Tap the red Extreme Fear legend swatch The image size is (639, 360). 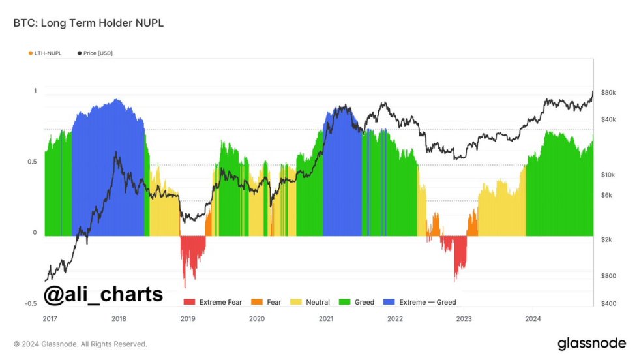pos(190,302)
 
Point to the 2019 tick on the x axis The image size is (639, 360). pos(187,319)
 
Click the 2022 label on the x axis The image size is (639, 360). pos(394,319)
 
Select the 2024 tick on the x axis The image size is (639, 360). pos(533,319)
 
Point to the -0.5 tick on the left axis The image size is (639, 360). pos(31,304)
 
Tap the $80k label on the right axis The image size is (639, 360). pos(609,93)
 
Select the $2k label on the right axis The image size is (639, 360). pos(607,240)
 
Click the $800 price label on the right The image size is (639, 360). pos(608,276)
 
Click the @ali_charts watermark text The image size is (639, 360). pos(103,294)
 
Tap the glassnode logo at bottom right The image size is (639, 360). pos(591,343)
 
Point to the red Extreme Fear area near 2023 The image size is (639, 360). pos(460,254)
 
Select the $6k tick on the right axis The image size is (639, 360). pos(607,195)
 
